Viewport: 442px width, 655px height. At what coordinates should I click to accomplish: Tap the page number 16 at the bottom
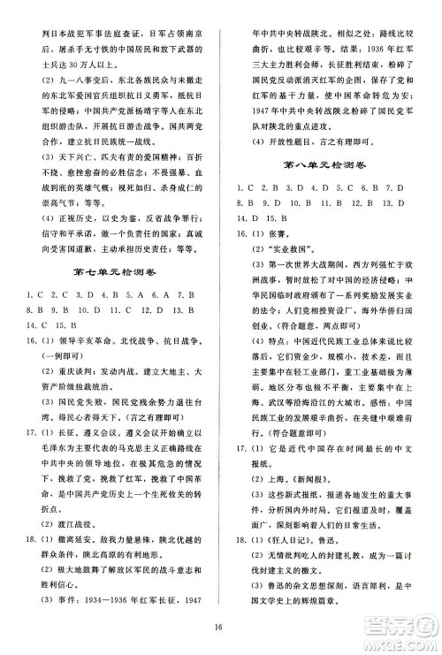coord(221,629)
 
